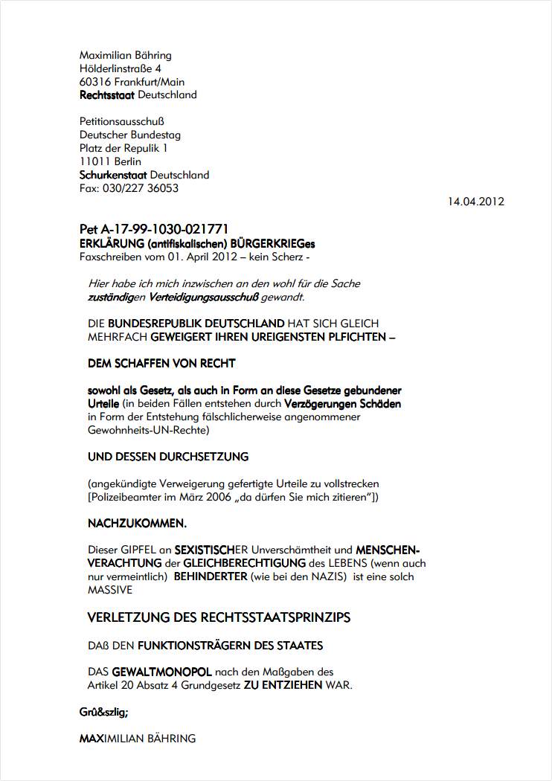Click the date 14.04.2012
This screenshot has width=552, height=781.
pyautogui.click(x=476, y=202)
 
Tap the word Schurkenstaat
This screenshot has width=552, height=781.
pyautogui.click(x=113, y=176)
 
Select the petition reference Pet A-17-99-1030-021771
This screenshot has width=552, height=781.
pyautogui.click(x=154, y=229)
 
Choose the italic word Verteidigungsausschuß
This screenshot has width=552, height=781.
pyautogui.click(x=203, y=297)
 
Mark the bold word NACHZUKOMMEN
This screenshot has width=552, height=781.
pyautogui.click(x=137, y=524)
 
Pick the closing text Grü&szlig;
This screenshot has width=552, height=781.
pyautogui.click(x=103, y=712)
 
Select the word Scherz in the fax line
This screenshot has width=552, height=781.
pyautogui.click(x=284, y=257)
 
